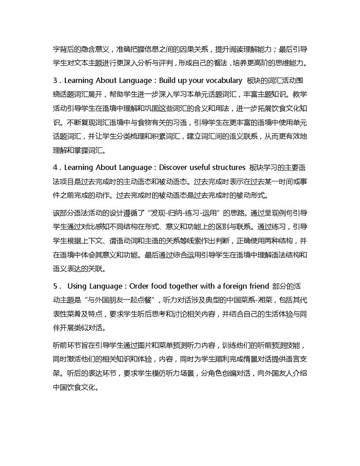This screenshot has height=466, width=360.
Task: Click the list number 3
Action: point(55,81)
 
